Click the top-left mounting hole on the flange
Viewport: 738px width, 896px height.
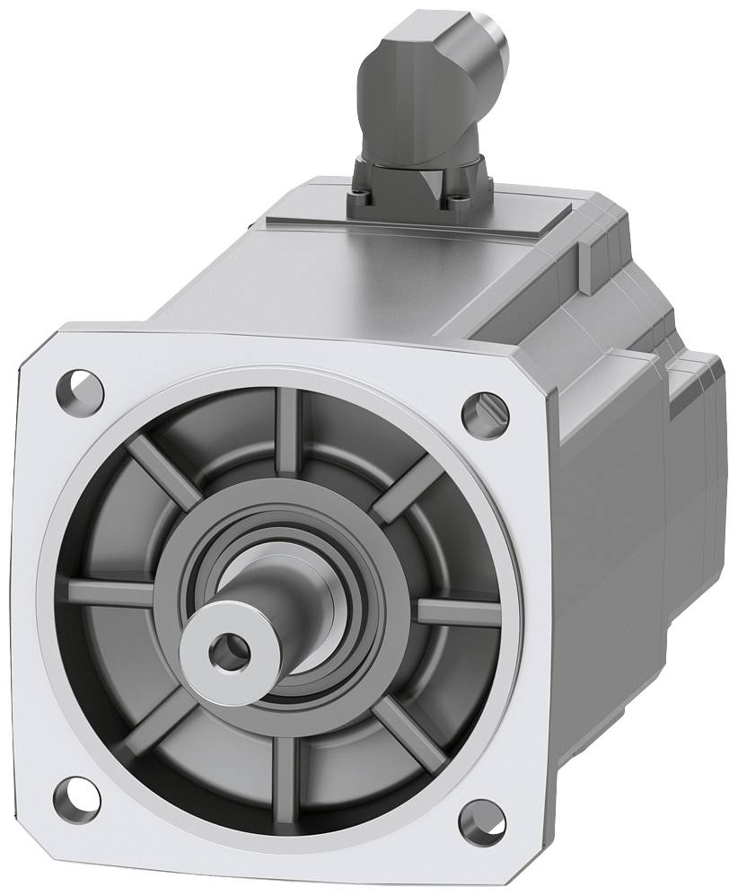coord(79,390)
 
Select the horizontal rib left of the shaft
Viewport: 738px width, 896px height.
coord(111,593)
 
